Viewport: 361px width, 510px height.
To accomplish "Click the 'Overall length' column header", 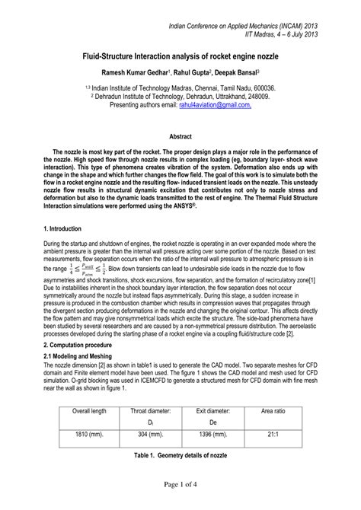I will coord(85,410).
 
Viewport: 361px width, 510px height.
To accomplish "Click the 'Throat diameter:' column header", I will coord(151,410).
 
